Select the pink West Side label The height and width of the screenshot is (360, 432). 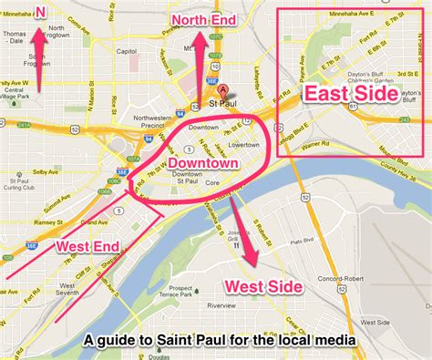pyautogui.click(x=264, y=285)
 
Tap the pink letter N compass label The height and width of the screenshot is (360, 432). pyautogui.click(x=38, y=10)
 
